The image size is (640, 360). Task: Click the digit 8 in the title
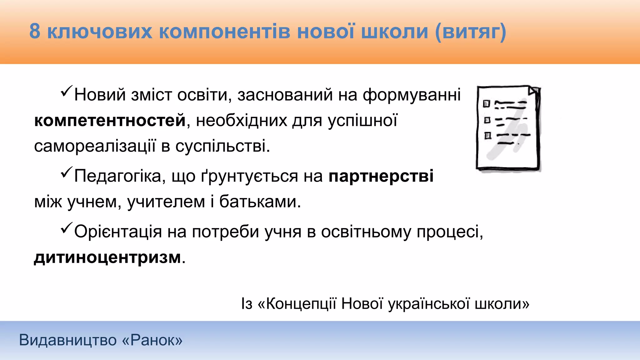[35, 32]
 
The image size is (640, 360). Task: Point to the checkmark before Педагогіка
[67, 172]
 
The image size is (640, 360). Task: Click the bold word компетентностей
[110, 120]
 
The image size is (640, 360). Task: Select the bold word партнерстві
[381, 176]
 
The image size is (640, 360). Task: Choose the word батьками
[260, 202]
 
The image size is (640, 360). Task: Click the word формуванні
[412, 95]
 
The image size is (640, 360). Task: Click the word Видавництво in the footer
[67, 340]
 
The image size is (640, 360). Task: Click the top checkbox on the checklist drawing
[486, 104]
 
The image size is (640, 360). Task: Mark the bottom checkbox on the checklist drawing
[487, 136]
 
